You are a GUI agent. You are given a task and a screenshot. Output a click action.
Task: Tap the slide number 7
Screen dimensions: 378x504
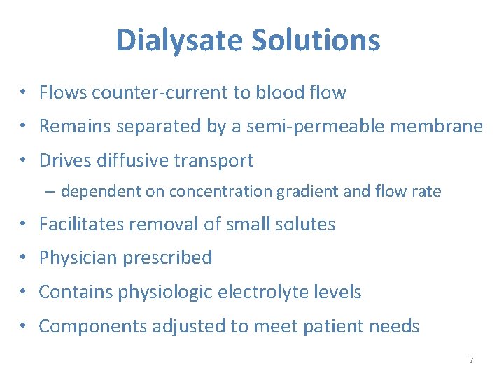471,360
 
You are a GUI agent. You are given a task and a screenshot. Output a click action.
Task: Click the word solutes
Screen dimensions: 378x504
306,224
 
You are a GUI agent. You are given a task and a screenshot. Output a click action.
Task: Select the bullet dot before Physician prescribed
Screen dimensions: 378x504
23,258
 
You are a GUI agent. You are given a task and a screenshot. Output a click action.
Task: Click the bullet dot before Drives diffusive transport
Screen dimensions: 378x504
23,161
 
